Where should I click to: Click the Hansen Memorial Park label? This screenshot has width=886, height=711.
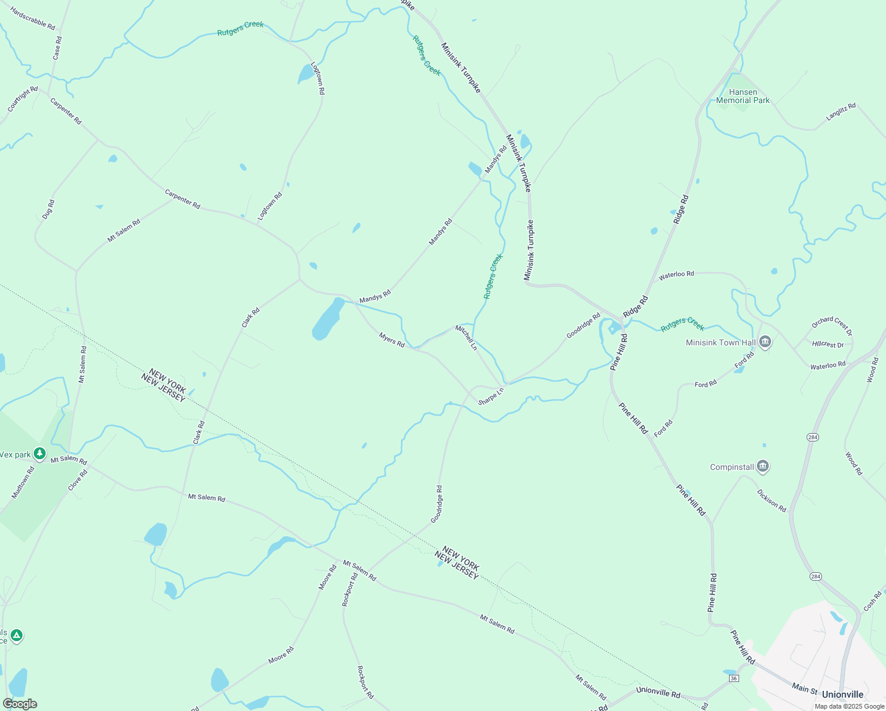743,96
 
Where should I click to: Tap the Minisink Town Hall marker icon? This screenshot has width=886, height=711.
765,342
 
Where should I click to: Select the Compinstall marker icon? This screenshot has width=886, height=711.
763,467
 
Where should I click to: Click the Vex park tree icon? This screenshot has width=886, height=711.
40,454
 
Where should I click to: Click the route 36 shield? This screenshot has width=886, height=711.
734,678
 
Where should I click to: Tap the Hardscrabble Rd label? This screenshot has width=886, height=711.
33,19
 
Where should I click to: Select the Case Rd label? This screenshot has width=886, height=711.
57,48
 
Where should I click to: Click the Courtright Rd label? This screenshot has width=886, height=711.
23,100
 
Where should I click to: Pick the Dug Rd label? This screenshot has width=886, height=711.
49,209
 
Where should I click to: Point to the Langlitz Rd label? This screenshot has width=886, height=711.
841,112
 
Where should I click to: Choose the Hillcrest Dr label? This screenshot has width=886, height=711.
828,344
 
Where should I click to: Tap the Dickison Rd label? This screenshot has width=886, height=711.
771,501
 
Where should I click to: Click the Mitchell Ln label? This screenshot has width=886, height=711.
466,337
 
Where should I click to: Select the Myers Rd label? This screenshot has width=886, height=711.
391,340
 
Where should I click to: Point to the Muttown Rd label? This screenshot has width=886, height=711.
23,482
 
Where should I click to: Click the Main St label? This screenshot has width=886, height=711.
805,688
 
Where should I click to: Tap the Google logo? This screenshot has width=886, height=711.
20,704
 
